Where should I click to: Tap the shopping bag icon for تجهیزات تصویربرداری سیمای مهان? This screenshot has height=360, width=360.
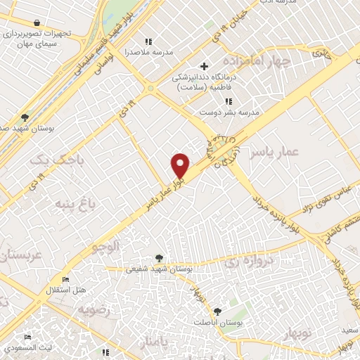point(37,22)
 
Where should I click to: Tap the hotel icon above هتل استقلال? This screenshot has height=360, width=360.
point(66,280)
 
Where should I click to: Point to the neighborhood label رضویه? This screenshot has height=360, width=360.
point(95,309)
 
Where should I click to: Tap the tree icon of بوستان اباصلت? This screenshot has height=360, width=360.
point(217,310)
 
